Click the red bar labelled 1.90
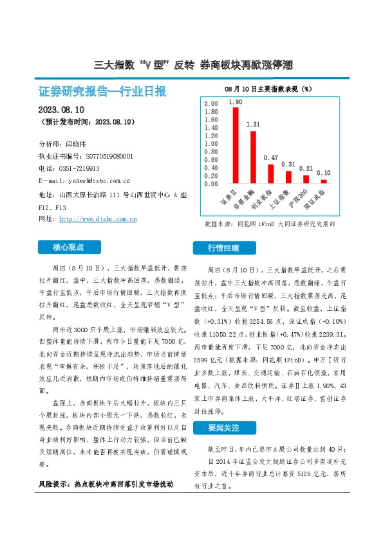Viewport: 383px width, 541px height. pyautogui.click(x=236, y=145)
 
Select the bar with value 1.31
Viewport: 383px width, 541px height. pyautogui.click(x=253, y=157)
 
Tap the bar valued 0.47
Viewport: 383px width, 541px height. pyautogui.click(x=271, y=174)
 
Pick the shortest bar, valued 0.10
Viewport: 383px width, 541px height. pyautogui.click(x=324, y=182)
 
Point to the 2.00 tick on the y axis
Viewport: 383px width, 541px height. pyautogui.click(x=210, y=103)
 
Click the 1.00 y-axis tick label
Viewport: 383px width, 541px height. pyautogui.click(x=210, y=144)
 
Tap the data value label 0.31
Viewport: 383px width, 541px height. pyautogui.click(x=288, y=164)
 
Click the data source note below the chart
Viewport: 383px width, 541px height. pyautogui.click(x=270, y=225)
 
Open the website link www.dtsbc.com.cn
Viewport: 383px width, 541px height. pyautogui.click(x=98, y=219)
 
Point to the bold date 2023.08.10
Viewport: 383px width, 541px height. pyautogui.click(x=66, y=110)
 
